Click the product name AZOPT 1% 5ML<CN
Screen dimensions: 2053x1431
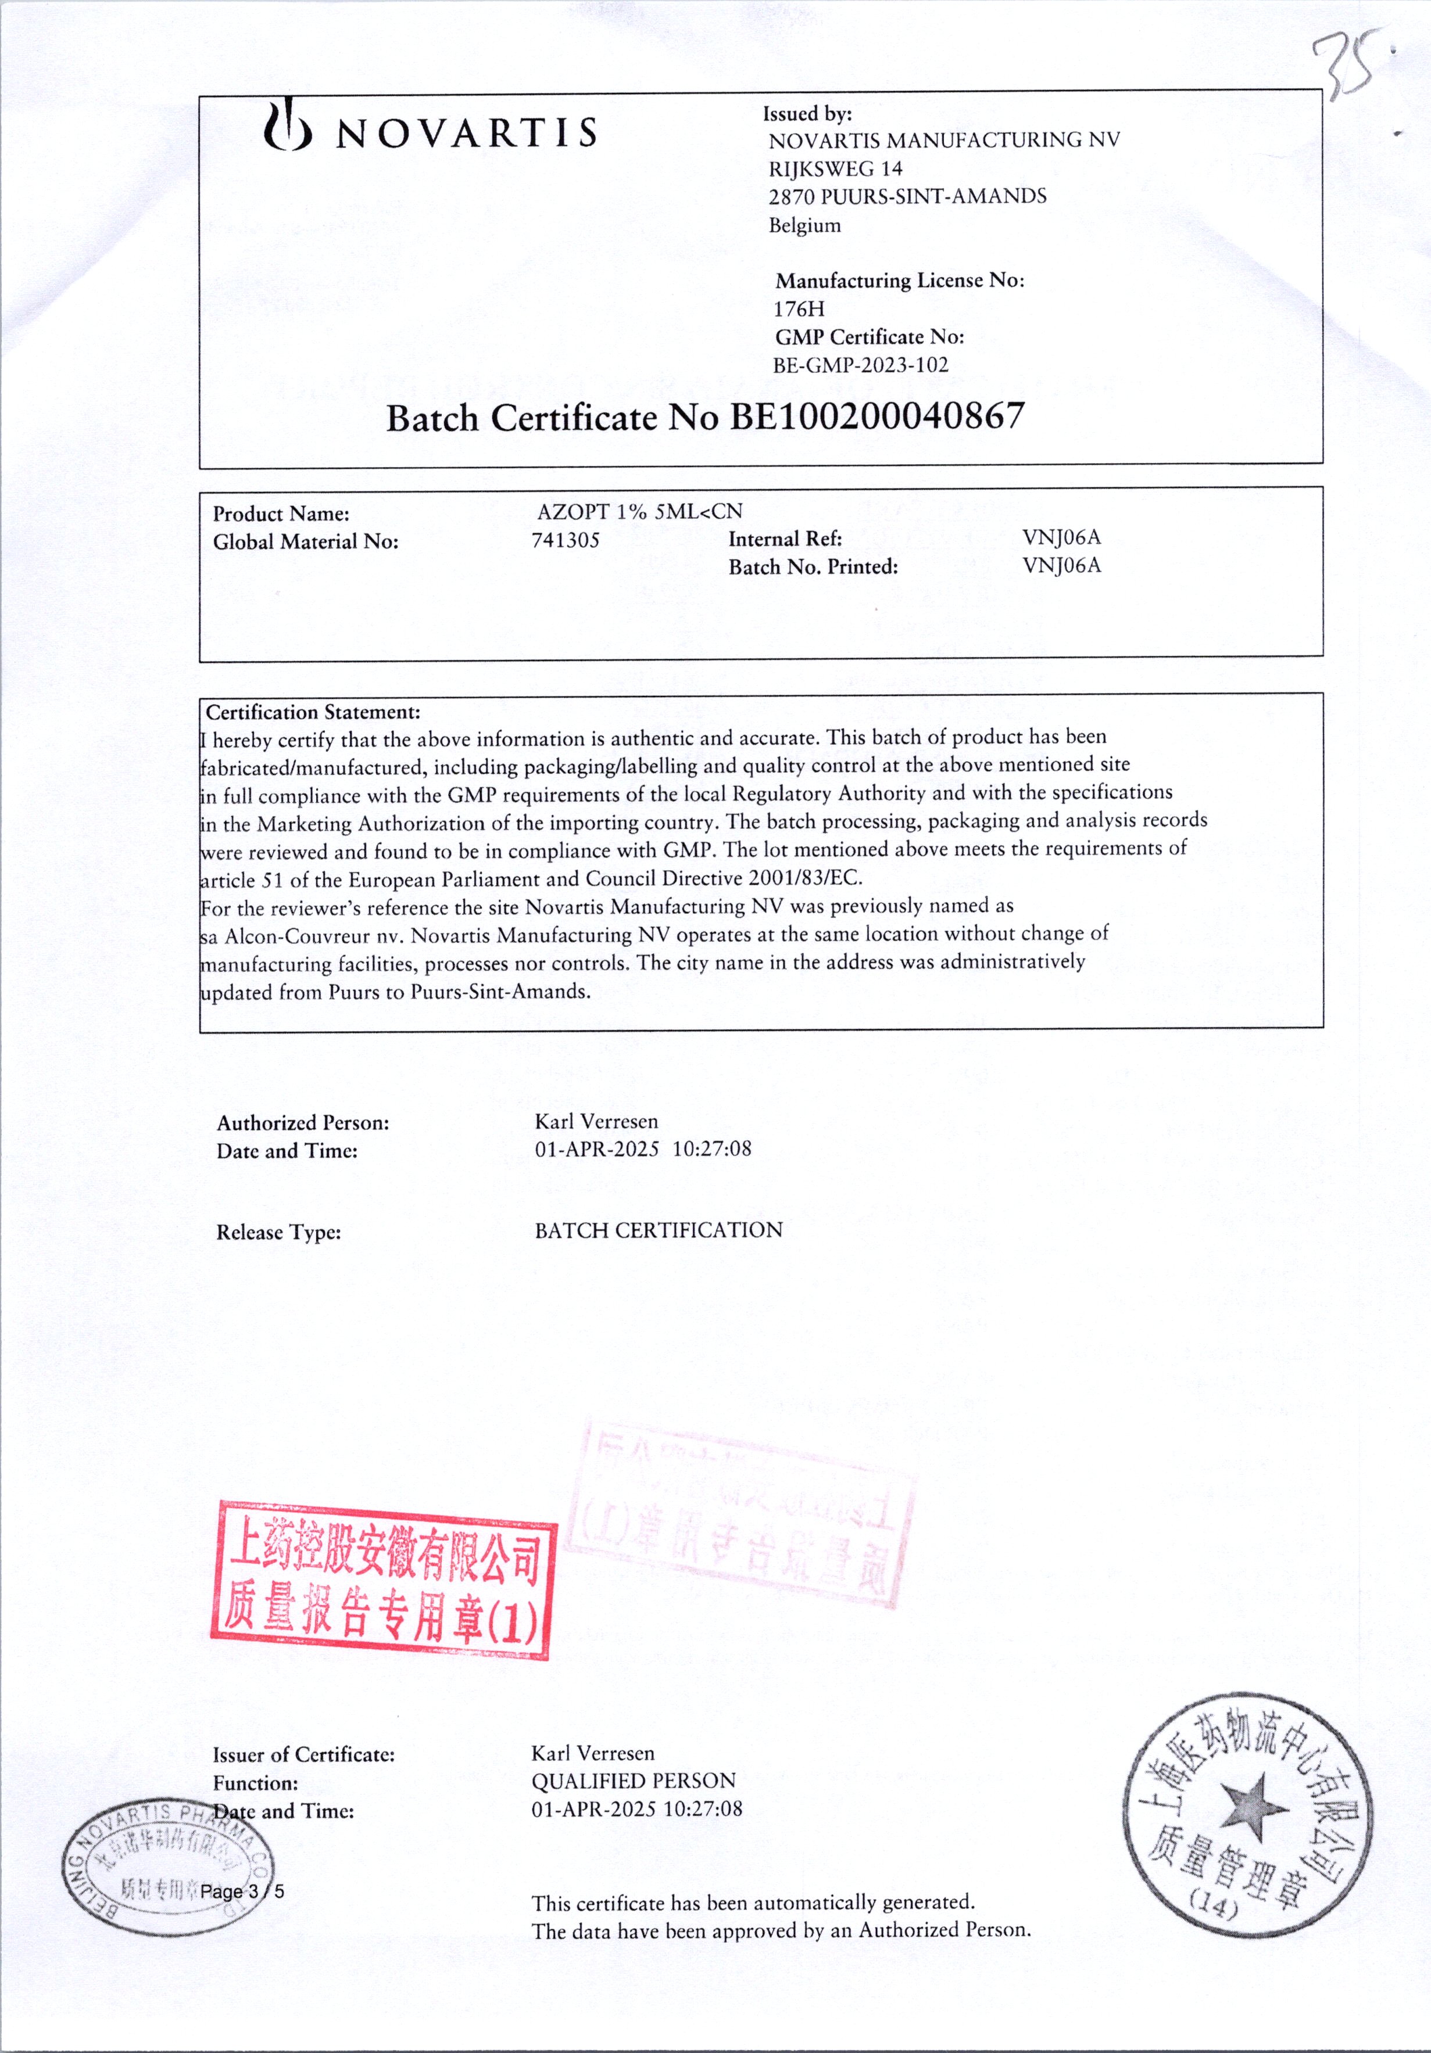click(639, 511)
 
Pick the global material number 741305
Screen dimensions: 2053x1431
click(565, 540)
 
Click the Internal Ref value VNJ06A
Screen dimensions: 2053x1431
click(1061, 537)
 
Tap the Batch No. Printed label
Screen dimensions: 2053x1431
click(813, 567)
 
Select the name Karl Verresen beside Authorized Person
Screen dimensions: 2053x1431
click(596, 1121)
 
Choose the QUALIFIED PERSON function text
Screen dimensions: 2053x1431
click(633, 1781)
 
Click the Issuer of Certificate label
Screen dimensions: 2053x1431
click(303, 1755)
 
